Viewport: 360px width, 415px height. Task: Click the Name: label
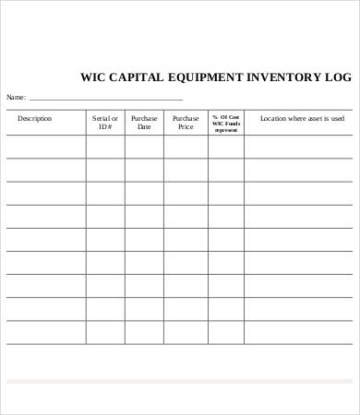(17, 97)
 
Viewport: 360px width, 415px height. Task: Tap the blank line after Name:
(106, 97)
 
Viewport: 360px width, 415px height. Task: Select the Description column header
(35, 118)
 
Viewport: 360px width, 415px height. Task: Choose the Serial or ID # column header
(105, 122)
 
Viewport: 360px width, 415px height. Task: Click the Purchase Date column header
(144, 122)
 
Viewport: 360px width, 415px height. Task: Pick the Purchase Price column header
(186, 122)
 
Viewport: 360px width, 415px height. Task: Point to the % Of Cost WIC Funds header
(226, 123)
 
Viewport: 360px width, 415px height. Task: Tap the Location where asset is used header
(302, 118)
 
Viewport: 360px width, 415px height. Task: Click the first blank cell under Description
(46, 147)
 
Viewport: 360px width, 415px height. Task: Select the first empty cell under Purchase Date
(144, 147)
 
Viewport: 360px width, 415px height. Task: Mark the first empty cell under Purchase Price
(186, 147)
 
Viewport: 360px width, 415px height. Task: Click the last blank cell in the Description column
(46, 332)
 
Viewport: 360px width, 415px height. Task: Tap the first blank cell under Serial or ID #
(105, 147)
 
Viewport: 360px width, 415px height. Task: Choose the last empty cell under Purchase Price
(186, 332)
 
